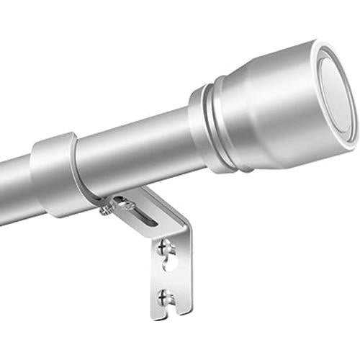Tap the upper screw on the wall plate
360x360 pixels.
pos(164,248)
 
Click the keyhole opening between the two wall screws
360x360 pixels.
pos(170,264)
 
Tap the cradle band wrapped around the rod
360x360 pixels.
pos(54,173)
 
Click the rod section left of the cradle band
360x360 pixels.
pos(14,191)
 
